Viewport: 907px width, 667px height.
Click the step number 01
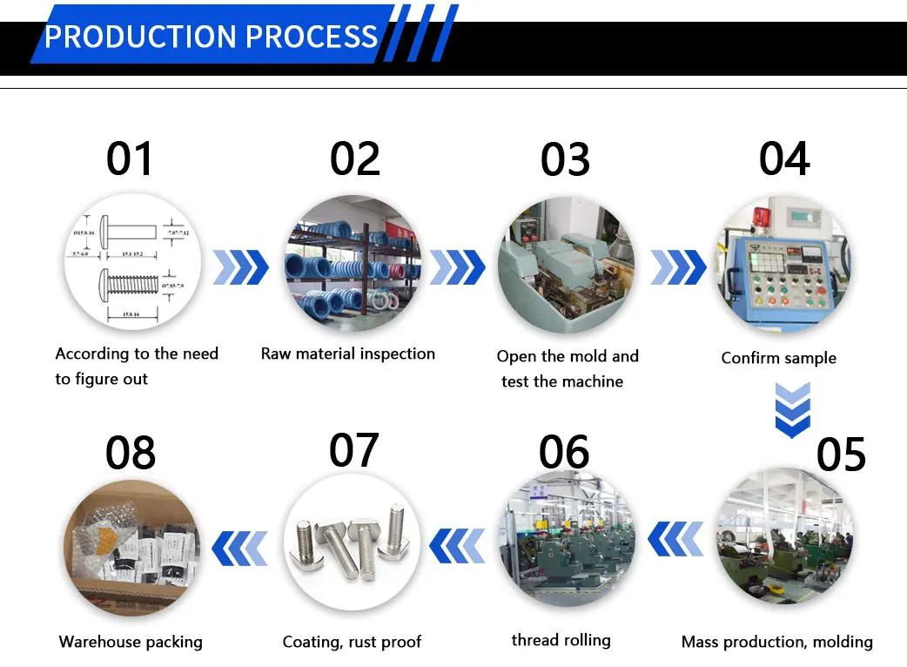tap(130, 159)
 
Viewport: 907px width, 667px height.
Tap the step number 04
tap(784, 159)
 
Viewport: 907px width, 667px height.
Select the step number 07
tap(354, 449)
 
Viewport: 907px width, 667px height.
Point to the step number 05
tap(841, 454)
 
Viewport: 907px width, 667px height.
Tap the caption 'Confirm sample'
tap(778, 358)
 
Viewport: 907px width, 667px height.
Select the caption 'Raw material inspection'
tap(348, 354)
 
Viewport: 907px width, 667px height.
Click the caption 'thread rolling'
tap(561, 640)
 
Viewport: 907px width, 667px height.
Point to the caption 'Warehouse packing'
tap(131, 642)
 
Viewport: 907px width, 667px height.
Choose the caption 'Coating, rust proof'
tap(352, 642)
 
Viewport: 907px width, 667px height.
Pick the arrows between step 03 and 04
tap(678, 267)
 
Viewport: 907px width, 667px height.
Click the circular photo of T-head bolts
tap(352, 542)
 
